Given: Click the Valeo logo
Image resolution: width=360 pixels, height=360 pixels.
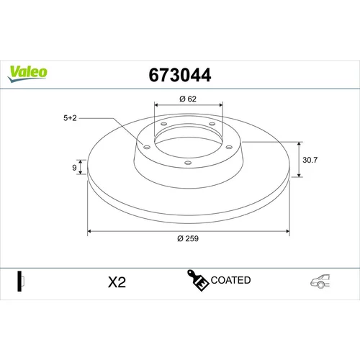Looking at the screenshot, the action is coord(27,73).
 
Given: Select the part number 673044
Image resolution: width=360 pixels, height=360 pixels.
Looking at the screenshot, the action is coord(180,75).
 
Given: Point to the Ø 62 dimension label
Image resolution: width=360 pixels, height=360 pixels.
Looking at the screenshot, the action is coord(188,99).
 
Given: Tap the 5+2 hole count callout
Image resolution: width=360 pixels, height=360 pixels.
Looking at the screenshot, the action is coord(70,118).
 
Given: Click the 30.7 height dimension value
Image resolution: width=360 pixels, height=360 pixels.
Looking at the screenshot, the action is coord(310,160).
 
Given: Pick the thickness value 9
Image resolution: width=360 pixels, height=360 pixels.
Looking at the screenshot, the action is coord(74,168).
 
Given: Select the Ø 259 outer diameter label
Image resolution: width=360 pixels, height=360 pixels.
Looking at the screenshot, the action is coord(188,238).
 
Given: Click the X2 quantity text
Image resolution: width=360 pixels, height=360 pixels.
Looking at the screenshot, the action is coord(117,282).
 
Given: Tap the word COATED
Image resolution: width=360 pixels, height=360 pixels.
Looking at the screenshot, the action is coord(230,280).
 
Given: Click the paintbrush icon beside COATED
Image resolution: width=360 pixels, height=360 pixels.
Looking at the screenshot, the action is coord(198,280).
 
